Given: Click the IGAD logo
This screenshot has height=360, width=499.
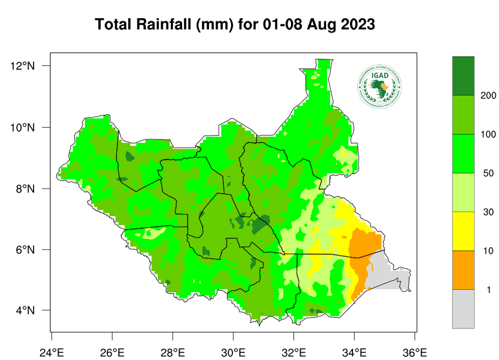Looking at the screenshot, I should click(380, 86).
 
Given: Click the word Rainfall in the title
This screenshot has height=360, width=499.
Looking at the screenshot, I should click(157, 24).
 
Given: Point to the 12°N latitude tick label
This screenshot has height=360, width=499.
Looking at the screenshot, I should click(23, 66).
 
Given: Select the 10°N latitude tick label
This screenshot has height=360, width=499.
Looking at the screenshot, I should click(23, 127).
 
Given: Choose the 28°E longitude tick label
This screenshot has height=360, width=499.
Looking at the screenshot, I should click(173, 351).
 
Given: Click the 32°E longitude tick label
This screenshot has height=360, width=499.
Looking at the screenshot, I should click(294, 351).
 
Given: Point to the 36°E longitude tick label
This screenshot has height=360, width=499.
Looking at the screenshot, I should click(415, 351).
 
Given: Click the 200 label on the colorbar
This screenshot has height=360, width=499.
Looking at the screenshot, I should click(488, 95).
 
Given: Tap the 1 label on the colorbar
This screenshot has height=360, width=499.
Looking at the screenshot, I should click(488, 290).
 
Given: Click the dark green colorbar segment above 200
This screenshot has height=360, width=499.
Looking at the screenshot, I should click(463, 76).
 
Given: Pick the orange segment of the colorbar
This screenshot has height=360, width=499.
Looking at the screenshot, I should click(463, 270).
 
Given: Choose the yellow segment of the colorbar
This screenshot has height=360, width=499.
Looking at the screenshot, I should click(463, 231).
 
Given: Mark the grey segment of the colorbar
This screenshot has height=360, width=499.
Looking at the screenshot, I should click(463, 309).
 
